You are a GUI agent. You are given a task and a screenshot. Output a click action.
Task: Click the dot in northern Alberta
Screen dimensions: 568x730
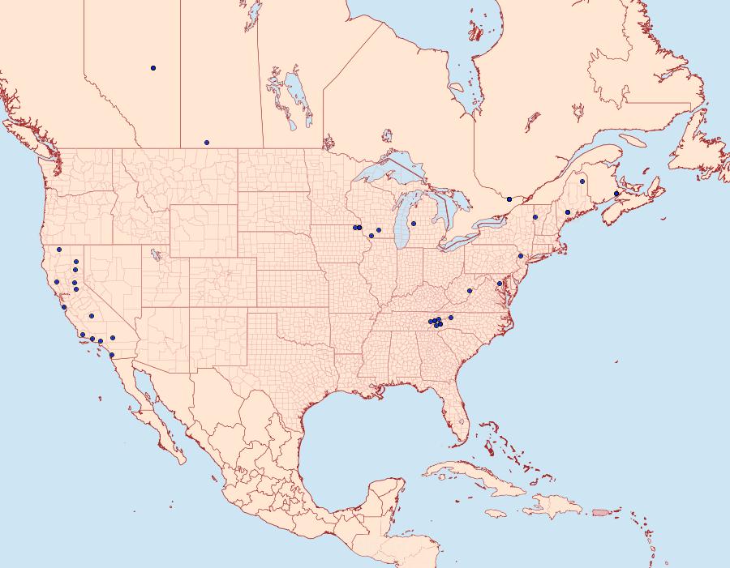[153, 68]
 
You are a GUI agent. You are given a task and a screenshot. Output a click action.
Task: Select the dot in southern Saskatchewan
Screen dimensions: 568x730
[207, 143]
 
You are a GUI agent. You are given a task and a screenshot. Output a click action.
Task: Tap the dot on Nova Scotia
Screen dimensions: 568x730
[616, 194]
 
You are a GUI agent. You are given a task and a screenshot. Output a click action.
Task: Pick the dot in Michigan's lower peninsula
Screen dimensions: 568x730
[414, 224]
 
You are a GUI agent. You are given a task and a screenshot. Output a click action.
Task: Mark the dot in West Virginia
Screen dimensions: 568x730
[470, 290]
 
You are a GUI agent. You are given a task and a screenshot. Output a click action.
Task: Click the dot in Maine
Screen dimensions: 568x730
[582, 182]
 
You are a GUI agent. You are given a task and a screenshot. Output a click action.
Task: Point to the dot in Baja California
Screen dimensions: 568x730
[112, 355]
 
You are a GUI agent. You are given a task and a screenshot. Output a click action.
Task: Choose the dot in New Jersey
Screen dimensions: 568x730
[521, 256]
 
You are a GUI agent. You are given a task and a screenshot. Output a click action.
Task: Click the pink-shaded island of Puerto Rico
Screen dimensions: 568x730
[599, 511]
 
